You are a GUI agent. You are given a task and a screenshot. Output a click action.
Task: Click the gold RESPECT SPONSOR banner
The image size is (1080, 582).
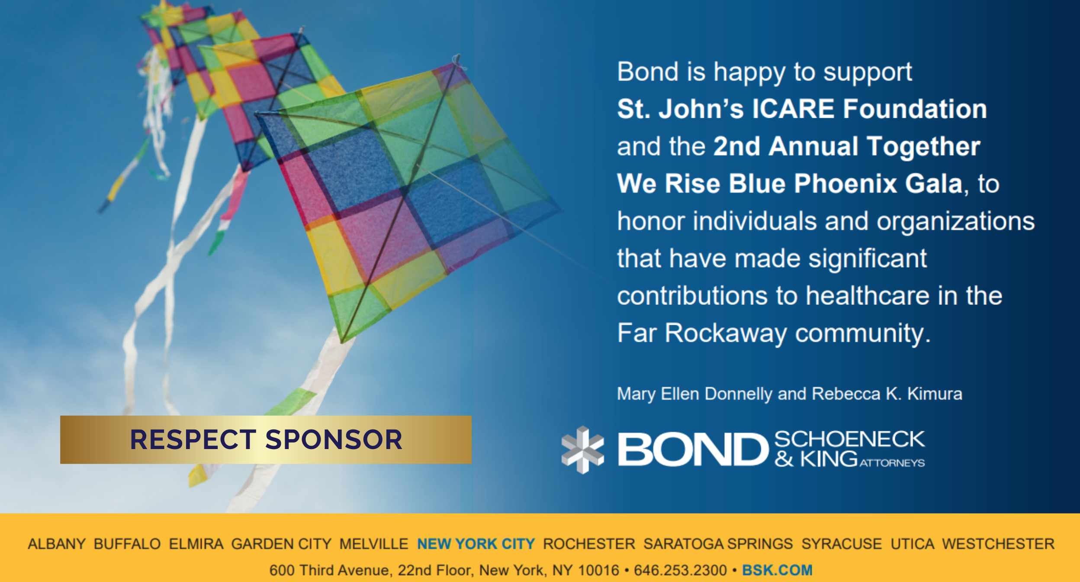266,440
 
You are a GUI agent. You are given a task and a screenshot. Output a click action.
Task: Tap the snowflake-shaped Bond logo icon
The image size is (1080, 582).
582,449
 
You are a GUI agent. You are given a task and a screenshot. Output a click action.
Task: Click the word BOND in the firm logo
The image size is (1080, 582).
693,449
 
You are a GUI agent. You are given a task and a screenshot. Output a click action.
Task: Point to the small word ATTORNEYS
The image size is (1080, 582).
892,463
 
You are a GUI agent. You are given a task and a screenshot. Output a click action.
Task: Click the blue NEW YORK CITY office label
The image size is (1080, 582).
476,544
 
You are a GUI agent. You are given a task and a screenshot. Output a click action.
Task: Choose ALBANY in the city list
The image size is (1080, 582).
57,544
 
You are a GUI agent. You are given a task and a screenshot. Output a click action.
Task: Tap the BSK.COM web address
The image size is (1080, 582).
777,570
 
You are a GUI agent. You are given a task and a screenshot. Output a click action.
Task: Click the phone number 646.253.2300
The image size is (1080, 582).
680,570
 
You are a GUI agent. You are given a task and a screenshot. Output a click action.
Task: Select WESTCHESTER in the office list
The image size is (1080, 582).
998,544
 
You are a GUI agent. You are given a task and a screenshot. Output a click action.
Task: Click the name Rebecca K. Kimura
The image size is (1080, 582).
887,394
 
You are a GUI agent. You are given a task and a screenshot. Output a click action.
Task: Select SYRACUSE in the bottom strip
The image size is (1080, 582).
842,544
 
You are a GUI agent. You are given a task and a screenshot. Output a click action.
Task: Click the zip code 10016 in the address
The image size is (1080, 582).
598,570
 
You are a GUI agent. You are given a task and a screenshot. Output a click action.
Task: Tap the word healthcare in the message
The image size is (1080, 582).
868,296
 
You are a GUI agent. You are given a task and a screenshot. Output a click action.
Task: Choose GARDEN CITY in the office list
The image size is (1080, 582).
281,544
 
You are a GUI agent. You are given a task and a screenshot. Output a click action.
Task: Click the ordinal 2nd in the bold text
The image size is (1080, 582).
736,146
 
